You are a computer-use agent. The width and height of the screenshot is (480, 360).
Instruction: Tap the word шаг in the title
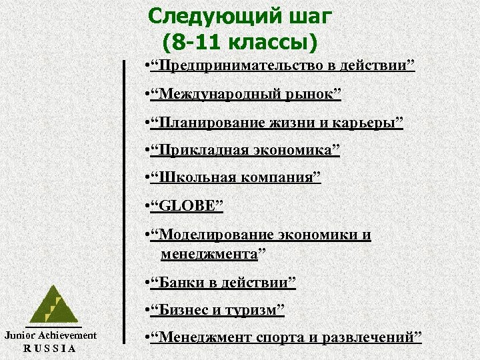pyautogui.click(x=309, y=15)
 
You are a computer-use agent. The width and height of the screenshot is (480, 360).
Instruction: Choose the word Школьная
pyautogui.click(x=190, y=178)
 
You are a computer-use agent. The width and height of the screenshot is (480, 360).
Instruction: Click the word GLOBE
pyautogui.click(x=187, y=206)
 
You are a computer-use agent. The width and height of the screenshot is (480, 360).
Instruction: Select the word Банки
pyautogui.click(x=177, y=283)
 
